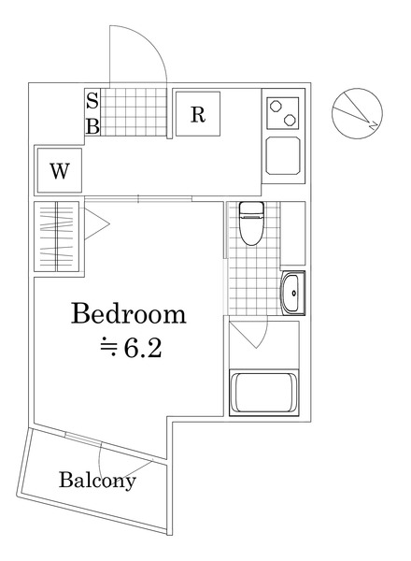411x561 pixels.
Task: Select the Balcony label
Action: pos(97,482)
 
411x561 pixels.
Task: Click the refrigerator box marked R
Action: pos(198,114)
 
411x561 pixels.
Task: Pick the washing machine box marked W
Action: pos(59,171)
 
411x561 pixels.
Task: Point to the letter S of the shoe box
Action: pos(92,103)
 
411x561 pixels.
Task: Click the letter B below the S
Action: pos(92,125)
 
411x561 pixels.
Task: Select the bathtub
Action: pos(263,394)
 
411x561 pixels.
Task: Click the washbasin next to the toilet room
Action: pos(292,293)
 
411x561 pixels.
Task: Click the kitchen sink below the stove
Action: pos(283,155)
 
